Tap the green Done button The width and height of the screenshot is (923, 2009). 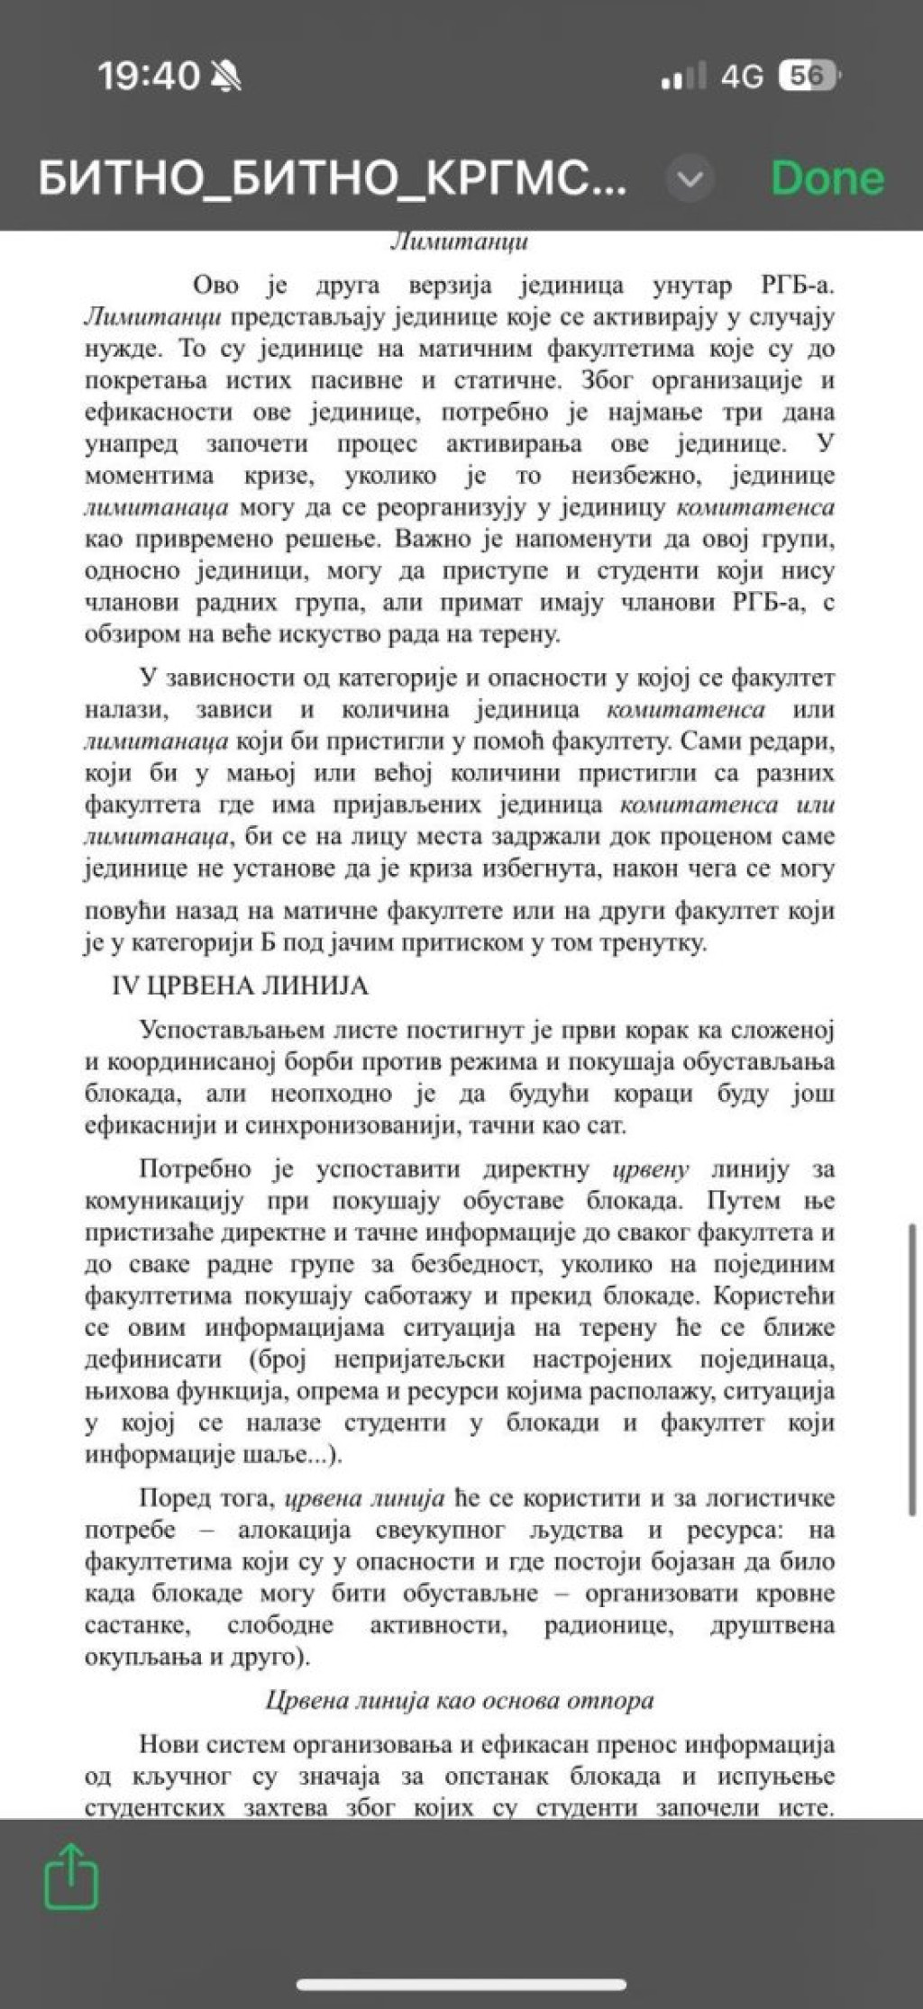click(x=827, y=177)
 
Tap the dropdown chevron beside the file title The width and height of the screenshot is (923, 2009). click(x=690, y=179)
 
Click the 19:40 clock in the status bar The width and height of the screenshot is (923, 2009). click(x=149, y=77)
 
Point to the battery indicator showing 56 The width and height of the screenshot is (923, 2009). click(x=809, y=77)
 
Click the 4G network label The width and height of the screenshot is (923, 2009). click(x=742, y=77)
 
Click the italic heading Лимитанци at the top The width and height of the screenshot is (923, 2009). click(x=460, y=241)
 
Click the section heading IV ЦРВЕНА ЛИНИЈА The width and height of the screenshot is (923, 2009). click(x=240, y=986)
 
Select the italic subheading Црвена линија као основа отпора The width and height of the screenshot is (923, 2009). click(x=460, y=1700)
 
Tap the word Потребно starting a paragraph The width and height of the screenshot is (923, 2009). click(x=195, y=1169)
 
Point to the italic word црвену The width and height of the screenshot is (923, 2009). click(x=651, y=1169)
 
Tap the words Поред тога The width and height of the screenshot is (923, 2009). click(x=206, y=1498)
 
